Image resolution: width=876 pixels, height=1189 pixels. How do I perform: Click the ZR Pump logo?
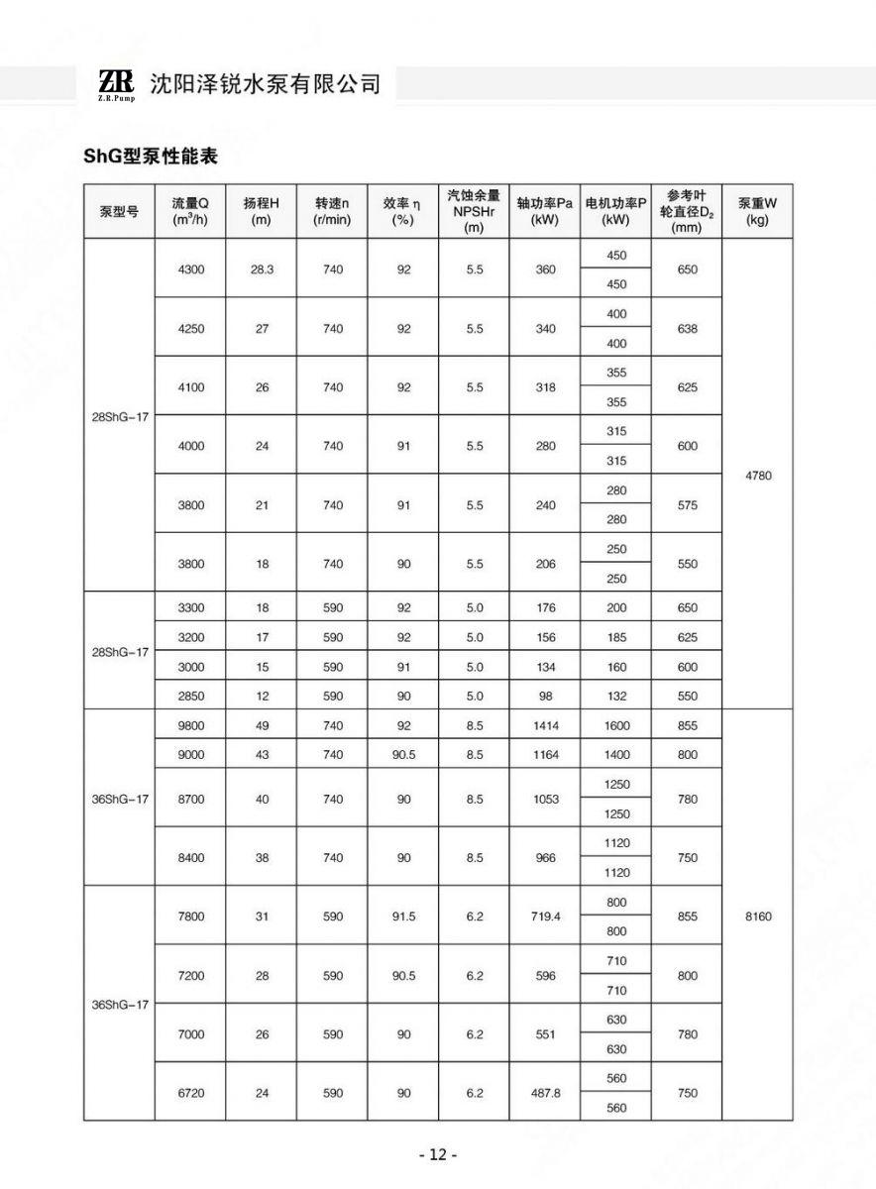click(x=117, y=83)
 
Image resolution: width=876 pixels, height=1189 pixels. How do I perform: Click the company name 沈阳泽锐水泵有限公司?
click(x=265, y=83)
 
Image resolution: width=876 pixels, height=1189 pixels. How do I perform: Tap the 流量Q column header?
click(x=189, y=211)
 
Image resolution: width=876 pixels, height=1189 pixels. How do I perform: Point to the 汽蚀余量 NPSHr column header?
click(x=474, y=211)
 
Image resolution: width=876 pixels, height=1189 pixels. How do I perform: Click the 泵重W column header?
click(x=757, y=211)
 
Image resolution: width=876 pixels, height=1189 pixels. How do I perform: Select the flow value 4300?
click(x=190, y=270)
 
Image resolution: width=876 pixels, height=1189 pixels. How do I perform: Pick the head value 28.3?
click(x=262, y=270)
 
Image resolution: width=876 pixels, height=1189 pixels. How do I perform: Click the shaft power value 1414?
click(x=545, y=725)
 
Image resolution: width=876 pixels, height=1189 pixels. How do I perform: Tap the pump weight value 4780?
click(x=757, y=476)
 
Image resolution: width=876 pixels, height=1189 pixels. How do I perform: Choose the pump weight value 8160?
click(x=757, y=917)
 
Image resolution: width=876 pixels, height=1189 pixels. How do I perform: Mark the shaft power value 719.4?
click(x=545, y=917)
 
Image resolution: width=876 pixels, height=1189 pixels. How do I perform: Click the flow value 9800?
click(x=190, y=725)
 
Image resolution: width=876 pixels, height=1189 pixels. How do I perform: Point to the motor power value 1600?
click(x=616, y=725)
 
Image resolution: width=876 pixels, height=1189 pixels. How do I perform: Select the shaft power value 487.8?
click(x=545, y=1093)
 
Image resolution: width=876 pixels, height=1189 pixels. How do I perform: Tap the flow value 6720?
click(x=190, y=1093)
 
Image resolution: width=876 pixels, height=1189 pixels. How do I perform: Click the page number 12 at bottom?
click(x=437, y=1154)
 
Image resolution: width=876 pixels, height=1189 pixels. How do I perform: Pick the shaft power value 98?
click(x=545, y=696)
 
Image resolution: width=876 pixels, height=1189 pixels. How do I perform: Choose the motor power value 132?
click(x=616, y=696)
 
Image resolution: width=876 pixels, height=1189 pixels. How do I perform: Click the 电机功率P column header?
click(x=616, y=211)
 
